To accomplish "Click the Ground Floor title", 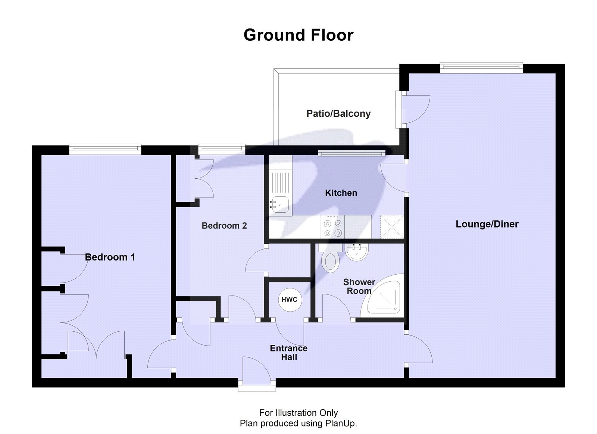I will (298, 35).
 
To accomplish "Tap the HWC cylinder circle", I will (289, 299).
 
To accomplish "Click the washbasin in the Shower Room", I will (357, 253).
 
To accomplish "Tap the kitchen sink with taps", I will (279, 204).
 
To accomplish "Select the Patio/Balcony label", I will (338, 113).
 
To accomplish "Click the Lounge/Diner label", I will (487, 224).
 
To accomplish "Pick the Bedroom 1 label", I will (110, 257).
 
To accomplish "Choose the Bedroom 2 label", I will (224, 225).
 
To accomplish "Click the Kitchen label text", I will (341, 193).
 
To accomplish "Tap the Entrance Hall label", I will (289, 353).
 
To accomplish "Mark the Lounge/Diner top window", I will (481, 67).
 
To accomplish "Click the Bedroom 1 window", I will (105, 149).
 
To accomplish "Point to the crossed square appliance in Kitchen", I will (392, 227).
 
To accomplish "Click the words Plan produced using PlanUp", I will (298, 423).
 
